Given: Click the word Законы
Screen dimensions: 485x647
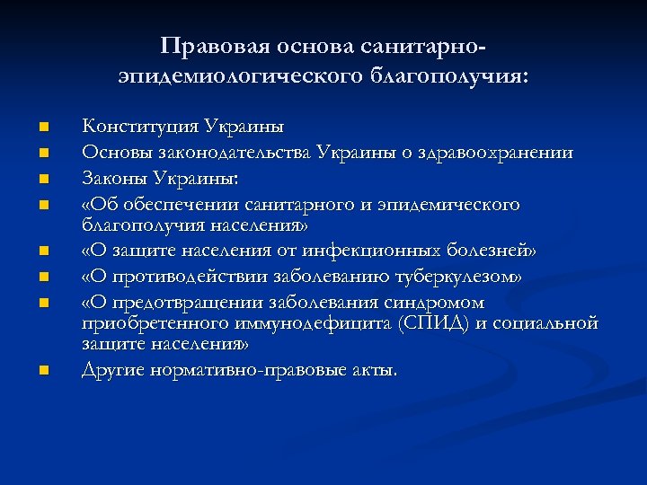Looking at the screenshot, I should [x=114, y=179].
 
